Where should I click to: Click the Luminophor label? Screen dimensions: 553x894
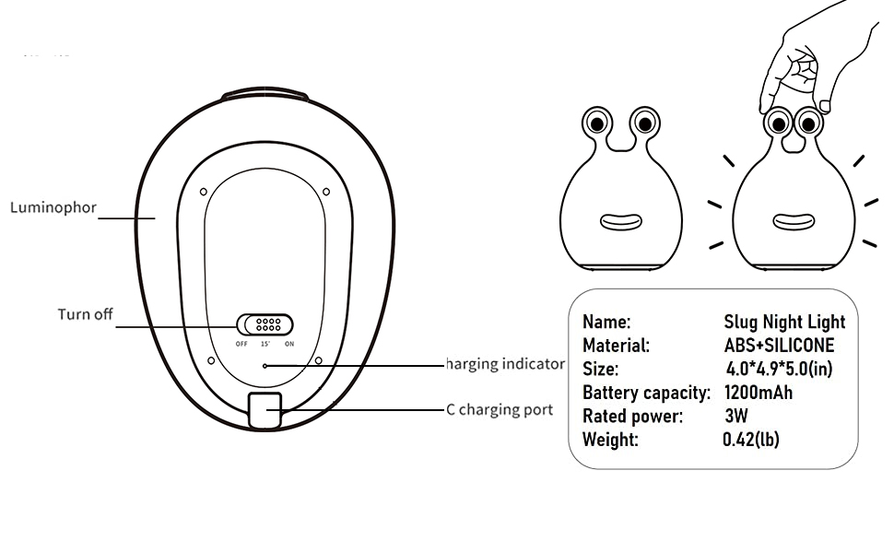coord(53,207)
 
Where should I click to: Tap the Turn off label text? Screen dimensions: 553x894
coord(85,314)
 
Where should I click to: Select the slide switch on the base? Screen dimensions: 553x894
coord(265,324)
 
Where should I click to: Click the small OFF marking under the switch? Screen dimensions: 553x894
coord(241,344)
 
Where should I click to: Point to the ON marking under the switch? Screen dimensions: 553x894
coord(289,344)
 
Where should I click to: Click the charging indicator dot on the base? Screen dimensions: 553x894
coord(265,365)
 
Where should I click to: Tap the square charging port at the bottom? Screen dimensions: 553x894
coord(265,408)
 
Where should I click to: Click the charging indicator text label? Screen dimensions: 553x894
coord(505,364)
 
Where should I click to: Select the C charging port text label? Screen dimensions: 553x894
coord(500,409)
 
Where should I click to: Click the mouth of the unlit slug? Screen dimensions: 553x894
coord(620,222)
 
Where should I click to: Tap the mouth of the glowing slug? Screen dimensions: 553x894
coord(793,222)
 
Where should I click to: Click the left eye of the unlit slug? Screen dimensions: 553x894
coord(597,122)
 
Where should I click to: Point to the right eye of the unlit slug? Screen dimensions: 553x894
coord(644,122)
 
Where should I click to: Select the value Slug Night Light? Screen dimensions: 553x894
coord(784,322)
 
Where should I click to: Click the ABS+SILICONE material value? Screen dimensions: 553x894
coord(779,346)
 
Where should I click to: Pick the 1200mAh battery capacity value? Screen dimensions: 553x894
coord(759,393)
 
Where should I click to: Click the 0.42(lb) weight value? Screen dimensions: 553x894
coord(750,440)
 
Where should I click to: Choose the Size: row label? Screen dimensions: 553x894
coord(601,369)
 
